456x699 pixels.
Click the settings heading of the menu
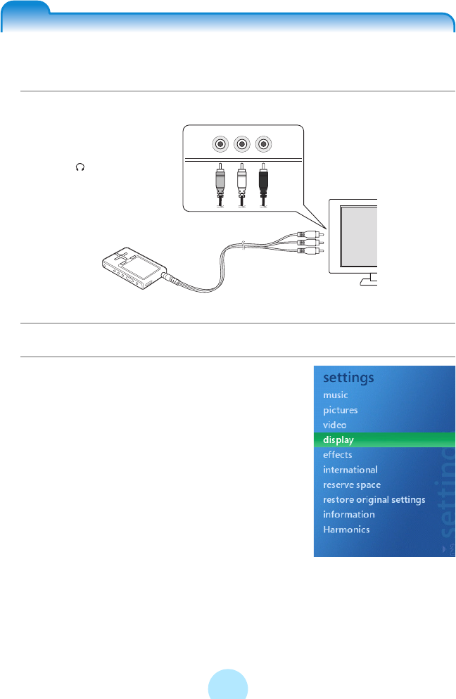tap(348, 378)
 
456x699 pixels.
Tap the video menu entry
tap(334, 425)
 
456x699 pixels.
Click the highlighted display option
tap(338, 440)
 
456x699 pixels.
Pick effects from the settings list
tap(337, 455)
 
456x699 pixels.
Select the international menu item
tap(350, 470)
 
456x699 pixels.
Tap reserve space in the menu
tap(351, 485)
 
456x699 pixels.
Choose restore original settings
tap(374, 500)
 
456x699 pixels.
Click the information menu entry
tap(348, 515)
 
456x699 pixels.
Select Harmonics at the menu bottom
tap(346, 530)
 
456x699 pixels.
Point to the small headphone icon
tap(80, 167)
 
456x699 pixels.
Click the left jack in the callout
tap(220, 144)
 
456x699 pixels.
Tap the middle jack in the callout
tap(241, 144)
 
